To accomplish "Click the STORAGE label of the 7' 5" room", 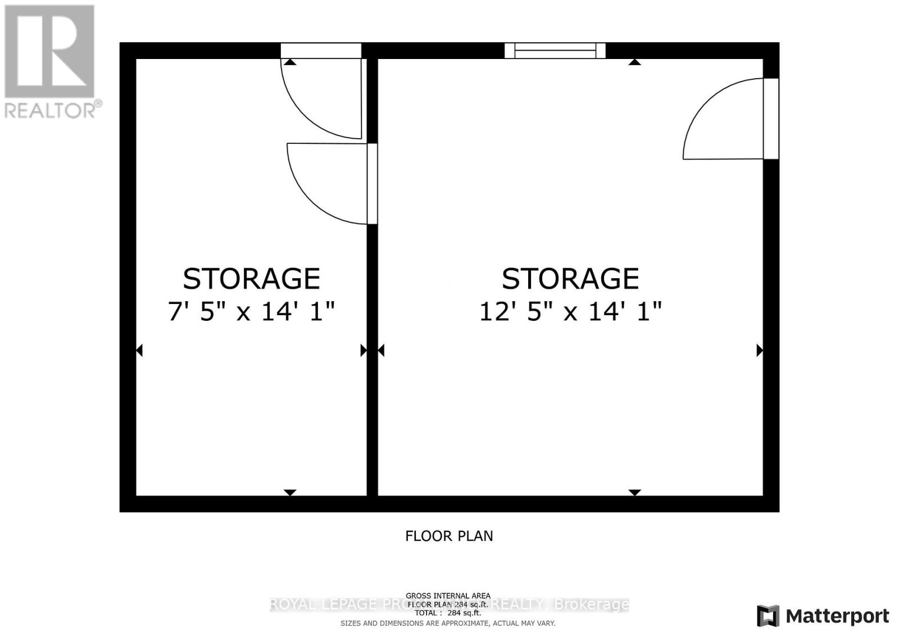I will click(251, 279).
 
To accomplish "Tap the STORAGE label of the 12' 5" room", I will click(570, 279).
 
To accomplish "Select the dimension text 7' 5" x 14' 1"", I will click(251, 311).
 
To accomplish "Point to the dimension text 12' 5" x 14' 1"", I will click(570, 311).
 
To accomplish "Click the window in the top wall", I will click(555, 51).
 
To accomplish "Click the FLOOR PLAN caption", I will click(449, 536).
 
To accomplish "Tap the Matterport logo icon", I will click(768, 616).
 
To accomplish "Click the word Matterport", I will click(838, 616).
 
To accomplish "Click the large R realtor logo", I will click(49, 51).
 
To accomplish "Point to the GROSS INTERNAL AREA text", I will click(448, 596).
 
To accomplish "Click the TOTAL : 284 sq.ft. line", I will click(448, 613).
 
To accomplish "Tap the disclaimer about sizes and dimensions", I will click(448, 623).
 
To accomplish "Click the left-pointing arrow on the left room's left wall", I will click(139, 351).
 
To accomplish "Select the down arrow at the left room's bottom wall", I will click(290, 493).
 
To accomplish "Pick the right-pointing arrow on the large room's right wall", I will click(760, 351).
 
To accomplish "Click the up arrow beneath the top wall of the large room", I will click(634, 62).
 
